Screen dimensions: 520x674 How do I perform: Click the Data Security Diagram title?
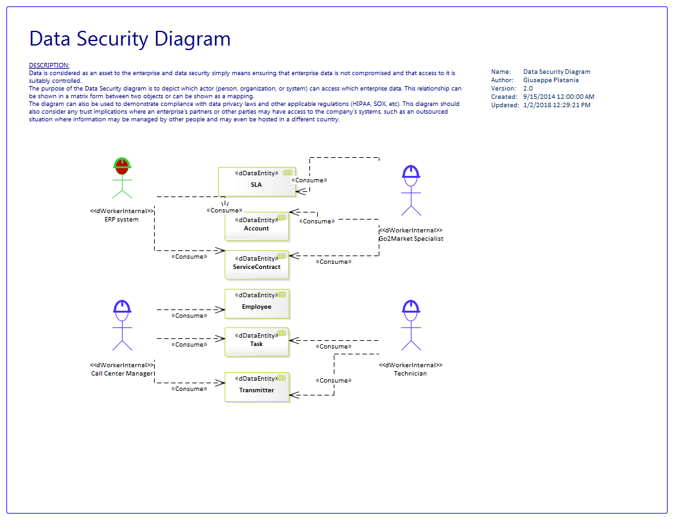[130, 39]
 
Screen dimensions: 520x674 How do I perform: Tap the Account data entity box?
[257, 226]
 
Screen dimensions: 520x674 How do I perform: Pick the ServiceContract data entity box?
[257, 264]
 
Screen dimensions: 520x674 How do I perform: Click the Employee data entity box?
[257, 304]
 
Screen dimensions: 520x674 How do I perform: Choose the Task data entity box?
[257, 342]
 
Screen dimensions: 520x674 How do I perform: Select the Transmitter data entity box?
[257, 387]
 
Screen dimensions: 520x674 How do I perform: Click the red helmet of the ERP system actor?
[122, 164]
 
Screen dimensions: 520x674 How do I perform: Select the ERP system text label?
[121, 220]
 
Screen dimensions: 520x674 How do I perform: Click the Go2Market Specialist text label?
[411, 239]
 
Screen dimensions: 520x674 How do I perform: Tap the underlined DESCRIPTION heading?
[49, 65]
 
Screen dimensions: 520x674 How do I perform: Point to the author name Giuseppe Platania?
[551, 80]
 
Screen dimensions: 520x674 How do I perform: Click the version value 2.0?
[528, 89]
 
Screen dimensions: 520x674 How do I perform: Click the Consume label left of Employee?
[189, 316]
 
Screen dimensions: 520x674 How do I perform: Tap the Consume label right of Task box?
[334, 347]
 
